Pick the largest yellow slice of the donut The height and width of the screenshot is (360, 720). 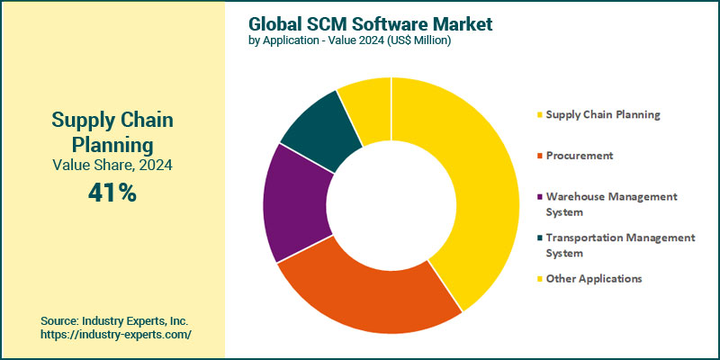[468, 180]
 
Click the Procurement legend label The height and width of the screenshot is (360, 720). [579, 156]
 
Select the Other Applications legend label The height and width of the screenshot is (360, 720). [594, 279]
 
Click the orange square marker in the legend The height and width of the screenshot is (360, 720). [539, 157]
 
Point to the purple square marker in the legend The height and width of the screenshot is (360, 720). [539, 197]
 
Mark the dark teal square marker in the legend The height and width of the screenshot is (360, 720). [539, 238]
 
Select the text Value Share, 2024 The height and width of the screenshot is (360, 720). [112, 165]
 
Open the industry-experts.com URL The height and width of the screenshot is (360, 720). [116, 334]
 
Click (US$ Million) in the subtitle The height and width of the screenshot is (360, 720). [419, 40]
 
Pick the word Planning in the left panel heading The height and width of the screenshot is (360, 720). [112, 144]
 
